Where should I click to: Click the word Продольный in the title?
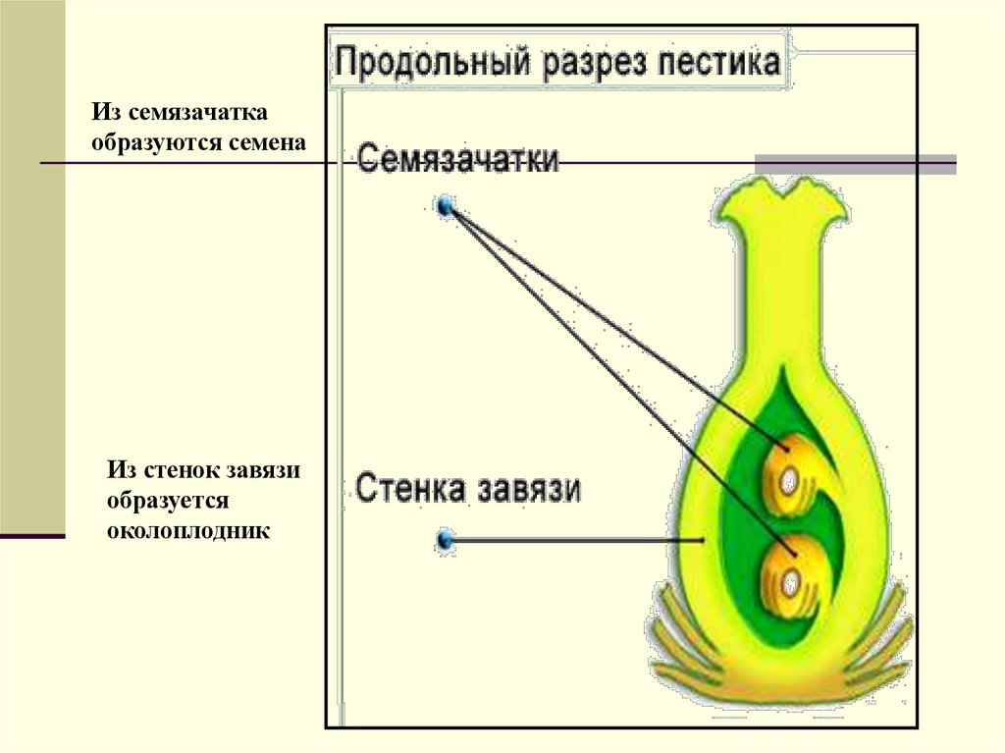(x=420, y=64)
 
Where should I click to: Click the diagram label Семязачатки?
(x=457, y=159)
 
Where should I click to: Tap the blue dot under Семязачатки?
(x=448, y=206)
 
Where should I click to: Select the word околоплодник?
(x=188, y=531)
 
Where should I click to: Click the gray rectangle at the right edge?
(x=854, y=164)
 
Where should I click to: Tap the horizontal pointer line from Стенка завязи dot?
(x=579, y=539)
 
